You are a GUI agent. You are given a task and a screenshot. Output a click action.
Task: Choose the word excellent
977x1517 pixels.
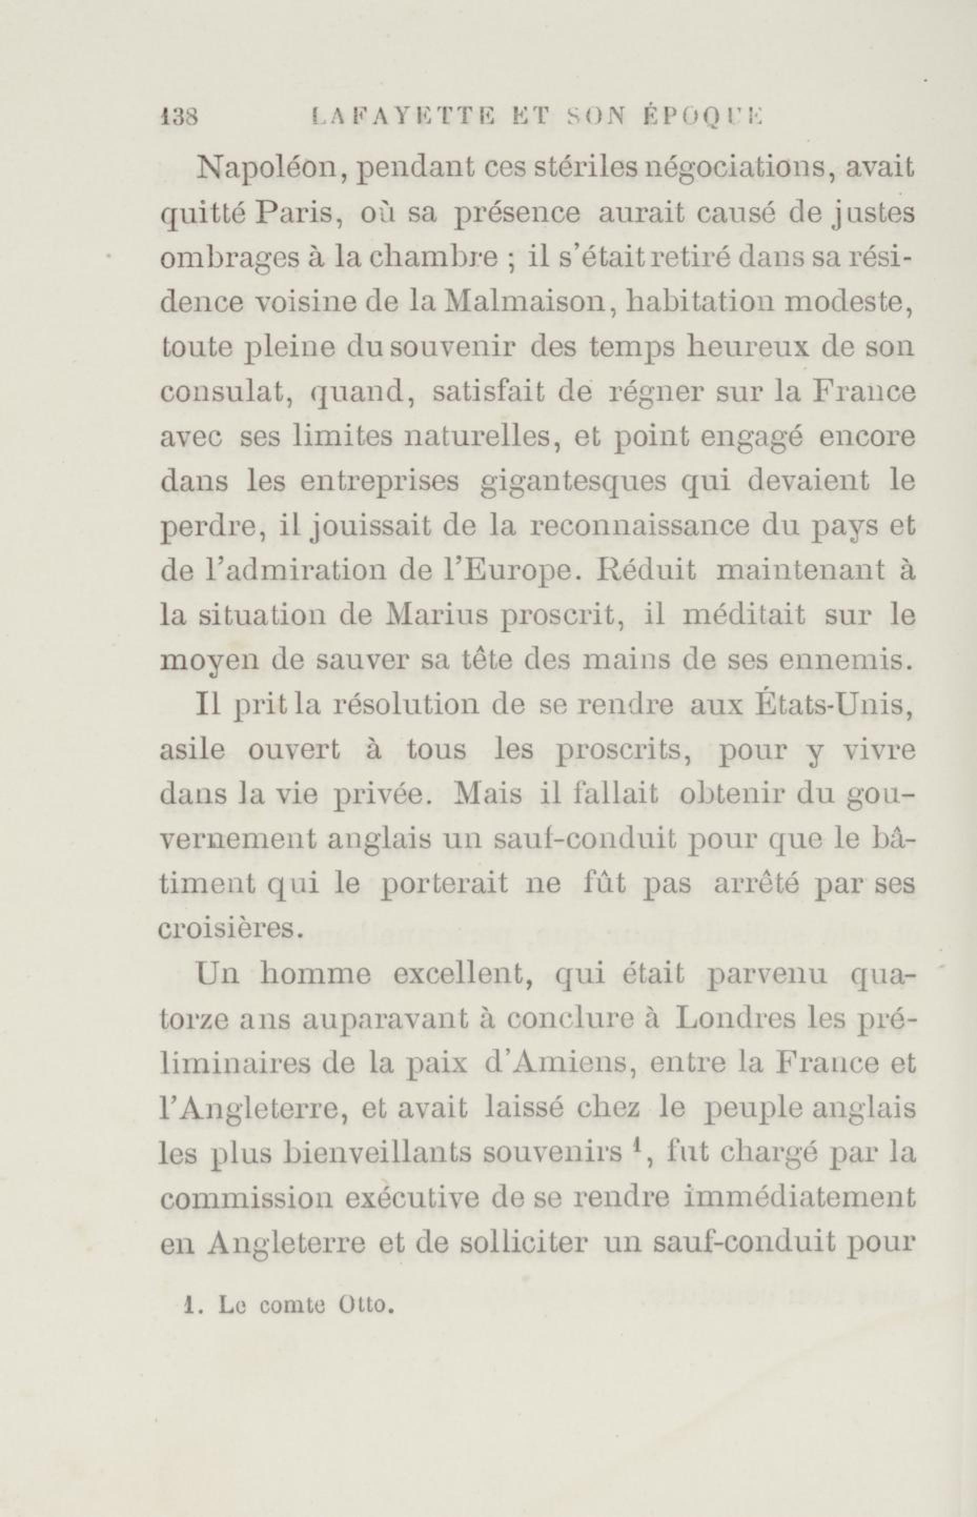[x=461, y=975]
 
